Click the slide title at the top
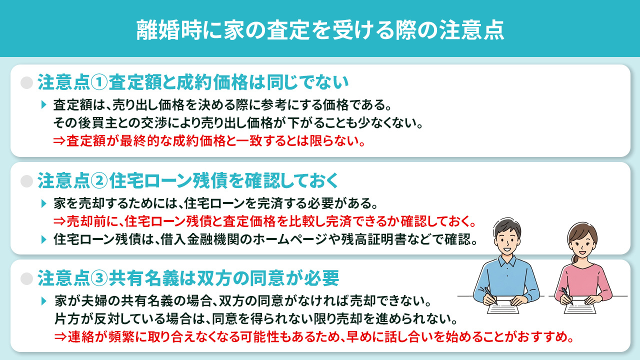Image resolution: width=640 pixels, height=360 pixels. tap(320, 29)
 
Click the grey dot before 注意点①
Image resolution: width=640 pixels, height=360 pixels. tap(26, 82)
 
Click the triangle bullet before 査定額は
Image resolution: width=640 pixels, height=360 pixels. tap(44, 105)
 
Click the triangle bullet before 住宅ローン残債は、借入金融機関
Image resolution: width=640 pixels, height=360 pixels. tap(44, 239)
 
